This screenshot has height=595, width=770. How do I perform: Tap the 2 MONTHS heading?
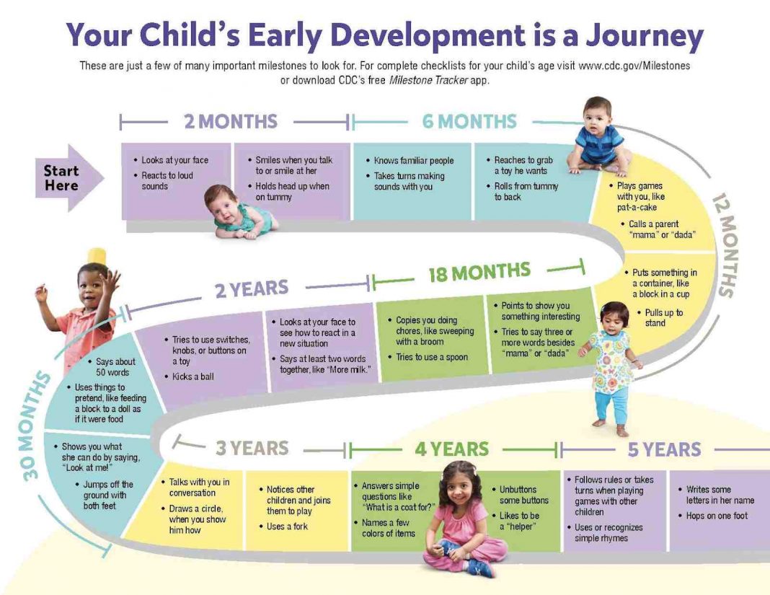pos(230,121)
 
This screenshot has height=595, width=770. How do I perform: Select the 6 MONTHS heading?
pos(469,121)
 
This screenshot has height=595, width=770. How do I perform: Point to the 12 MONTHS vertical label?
pos(725,245)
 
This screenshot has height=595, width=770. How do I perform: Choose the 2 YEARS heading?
pos(252,290)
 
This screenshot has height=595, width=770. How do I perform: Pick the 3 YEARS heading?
pos(252,448)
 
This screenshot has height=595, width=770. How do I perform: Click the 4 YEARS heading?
pos(452,449)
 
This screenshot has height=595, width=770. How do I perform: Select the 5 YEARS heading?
pos(664,449)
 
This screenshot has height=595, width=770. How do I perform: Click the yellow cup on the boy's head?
pos(97,256)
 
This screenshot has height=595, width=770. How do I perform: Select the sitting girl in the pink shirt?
pos(461,519)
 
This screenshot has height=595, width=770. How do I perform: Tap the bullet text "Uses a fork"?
pos(287,526)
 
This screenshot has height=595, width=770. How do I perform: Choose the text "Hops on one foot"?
pos(717,516)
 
